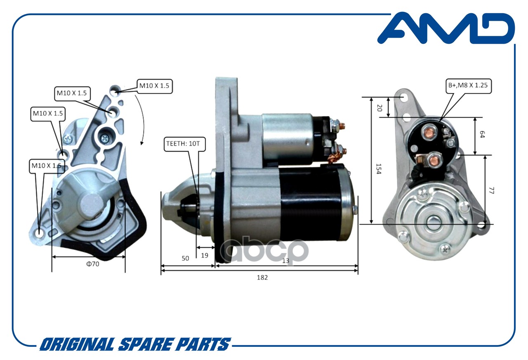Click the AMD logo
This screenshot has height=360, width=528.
click(x=445, y=28)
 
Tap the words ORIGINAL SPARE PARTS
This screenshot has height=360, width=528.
click(x=134, y=344)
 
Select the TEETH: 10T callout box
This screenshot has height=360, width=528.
click(x=184, y=144)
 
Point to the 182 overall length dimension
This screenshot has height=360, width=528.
click(x=262, y=277)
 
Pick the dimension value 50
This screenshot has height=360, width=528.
click(x=185, y=258)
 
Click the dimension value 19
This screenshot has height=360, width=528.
click(x=204, y=256)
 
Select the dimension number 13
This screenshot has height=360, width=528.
click(x=285, y=260)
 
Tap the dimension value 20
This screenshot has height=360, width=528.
click(x=379, y=108)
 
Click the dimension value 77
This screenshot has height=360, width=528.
click(x=491, y=190)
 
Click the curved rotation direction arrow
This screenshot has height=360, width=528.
click(x=140, y=120)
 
